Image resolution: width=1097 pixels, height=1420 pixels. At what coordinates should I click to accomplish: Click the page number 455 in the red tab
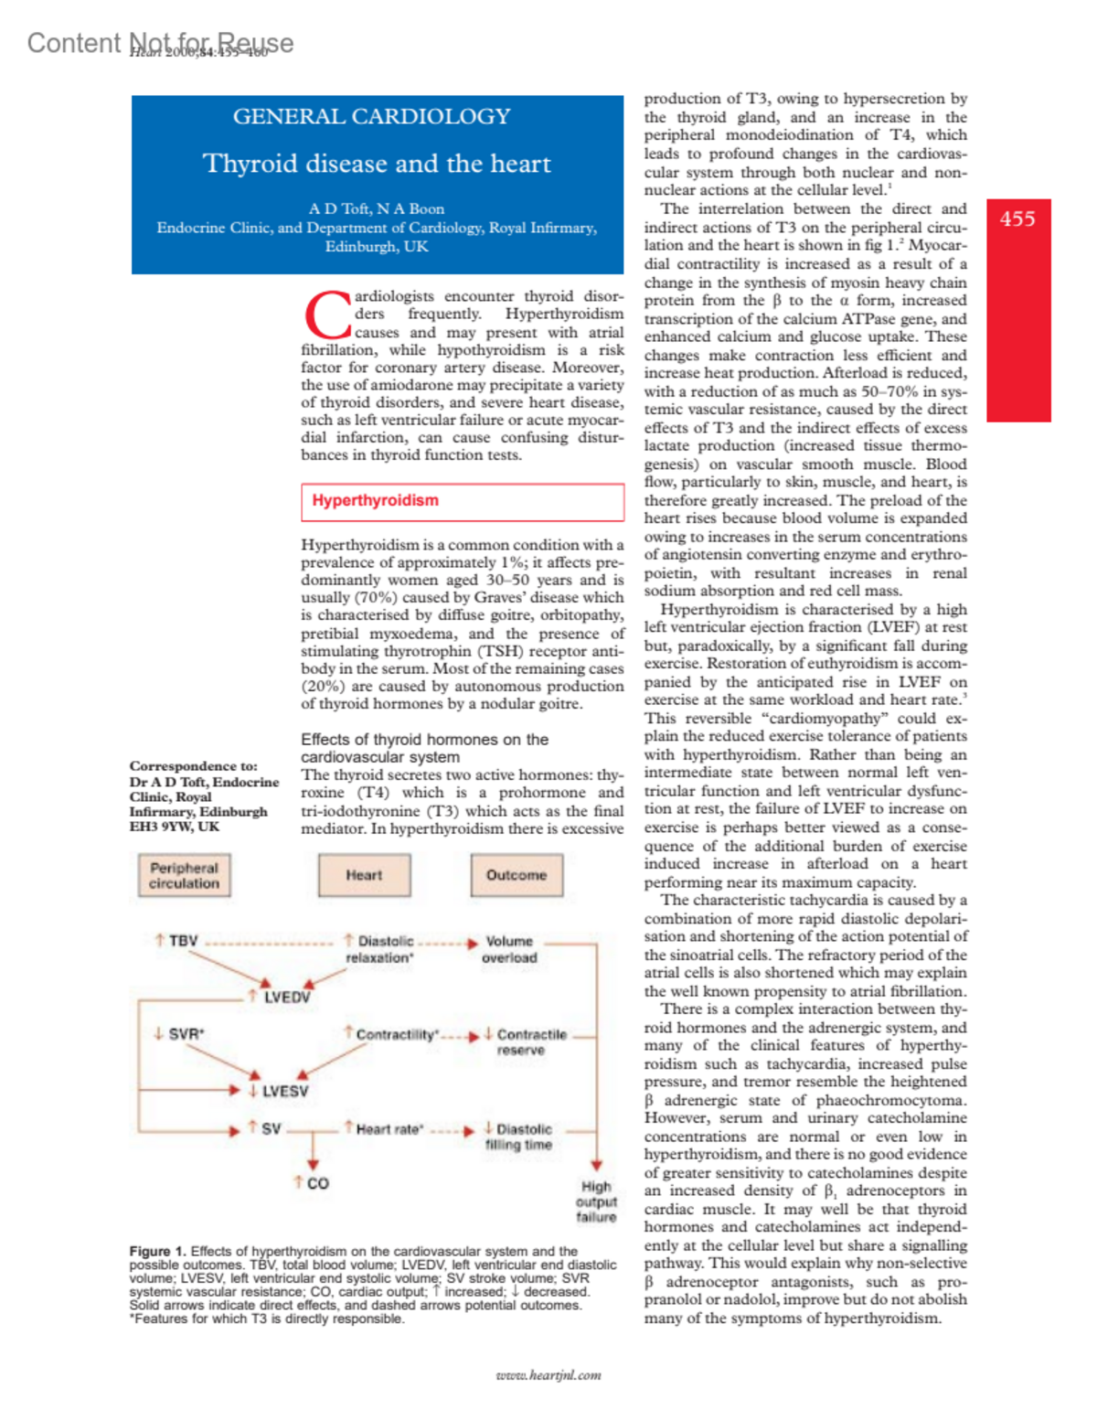coord(1017,219)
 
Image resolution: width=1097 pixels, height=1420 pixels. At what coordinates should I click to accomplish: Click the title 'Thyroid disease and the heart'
coord(377,164)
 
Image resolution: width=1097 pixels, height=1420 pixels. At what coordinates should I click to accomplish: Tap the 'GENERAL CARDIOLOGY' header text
coord(371,117)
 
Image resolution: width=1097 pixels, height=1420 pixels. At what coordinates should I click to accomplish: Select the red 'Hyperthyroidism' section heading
coord(376,500)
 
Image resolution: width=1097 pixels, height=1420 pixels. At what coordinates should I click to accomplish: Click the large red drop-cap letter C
coord(326,316)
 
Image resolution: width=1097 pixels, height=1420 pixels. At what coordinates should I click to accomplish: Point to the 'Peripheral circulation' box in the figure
coord(184,876)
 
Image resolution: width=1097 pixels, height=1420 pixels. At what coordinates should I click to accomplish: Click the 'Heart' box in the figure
coord(364,875)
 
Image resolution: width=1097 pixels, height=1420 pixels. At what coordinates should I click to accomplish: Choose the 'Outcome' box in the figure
coord(517,875)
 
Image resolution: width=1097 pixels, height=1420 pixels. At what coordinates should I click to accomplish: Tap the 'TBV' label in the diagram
coord(183,941)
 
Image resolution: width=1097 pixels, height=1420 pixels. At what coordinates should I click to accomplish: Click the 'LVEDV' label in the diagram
coord(286,998)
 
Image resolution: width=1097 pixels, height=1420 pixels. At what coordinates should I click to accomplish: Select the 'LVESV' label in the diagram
coord(284,1092)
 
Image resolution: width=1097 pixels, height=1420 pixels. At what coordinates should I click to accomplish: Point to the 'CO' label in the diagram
coord(317,1184)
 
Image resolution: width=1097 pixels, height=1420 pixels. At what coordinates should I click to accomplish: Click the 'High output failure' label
coord(596,1201)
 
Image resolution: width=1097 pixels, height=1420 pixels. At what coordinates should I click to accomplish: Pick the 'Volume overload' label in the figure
coord(509,949)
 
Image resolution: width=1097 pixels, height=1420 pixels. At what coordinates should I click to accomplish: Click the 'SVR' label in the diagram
coord(186,1034)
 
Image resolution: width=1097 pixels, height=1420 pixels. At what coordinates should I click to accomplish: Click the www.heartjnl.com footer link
coord(548,1375)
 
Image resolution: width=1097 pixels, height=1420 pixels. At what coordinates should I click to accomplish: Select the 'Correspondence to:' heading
coord(193,766)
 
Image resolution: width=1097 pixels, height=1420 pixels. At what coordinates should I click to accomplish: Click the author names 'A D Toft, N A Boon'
coord(376,209)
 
